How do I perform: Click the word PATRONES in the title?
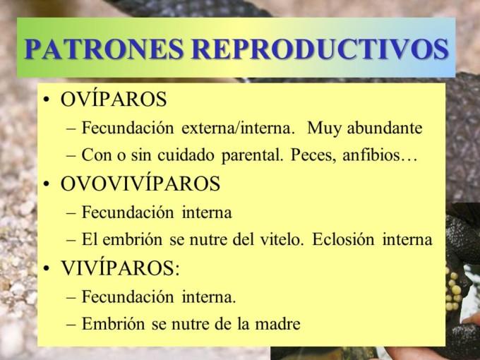coord(104,49)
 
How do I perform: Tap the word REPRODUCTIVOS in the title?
coord(320,49)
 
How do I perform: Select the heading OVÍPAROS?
coord(114,100)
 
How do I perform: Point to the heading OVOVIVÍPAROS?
coord(140,184)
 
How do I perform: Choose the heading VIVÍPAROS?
coord(120,268)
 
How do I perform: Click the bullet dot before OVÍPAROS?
coord(47,100)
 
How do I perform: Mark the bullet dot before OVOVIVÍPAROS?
coord(47,185)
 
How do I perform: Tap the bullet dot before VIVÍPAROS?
coord(47,269)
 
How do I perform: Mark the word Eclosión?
coord(342,239)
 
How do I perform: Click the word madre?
coord(279,324)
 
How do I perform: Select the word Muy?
coord(322,128)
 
